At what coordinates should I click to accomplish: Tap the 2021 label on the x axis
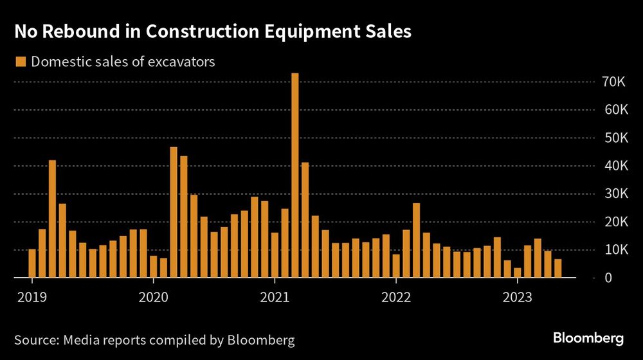[275, 297]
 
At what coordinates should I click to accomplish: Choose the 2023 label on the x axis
[518, 297]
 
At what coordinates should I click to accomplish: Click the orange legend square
[20, 62]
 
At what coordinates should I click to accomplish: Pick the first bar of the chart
[32, 264]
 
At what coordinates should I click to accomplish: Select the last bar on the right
[558, 269]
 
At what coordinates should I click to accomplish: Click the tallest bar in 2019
[53, 219]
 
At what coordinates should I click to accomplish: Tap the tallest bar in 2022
[417, 240]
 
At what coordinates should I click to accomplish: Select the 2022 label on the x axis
[396, 297]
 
